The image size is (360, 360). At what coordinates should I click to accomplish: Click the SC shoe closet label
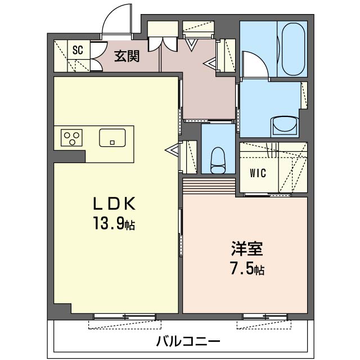78,50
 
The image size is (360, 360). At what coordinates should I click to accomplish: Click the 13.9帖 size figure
114,225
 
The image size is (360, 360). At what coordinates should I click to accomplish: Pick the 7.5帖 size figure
246,269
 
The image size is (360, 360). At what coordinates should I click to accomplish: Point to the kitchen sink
112,137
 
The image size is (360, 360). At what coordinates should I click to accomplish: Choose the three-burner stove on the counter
72,138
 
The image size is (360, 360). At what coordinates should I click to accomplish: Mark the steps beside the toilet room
209,185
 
